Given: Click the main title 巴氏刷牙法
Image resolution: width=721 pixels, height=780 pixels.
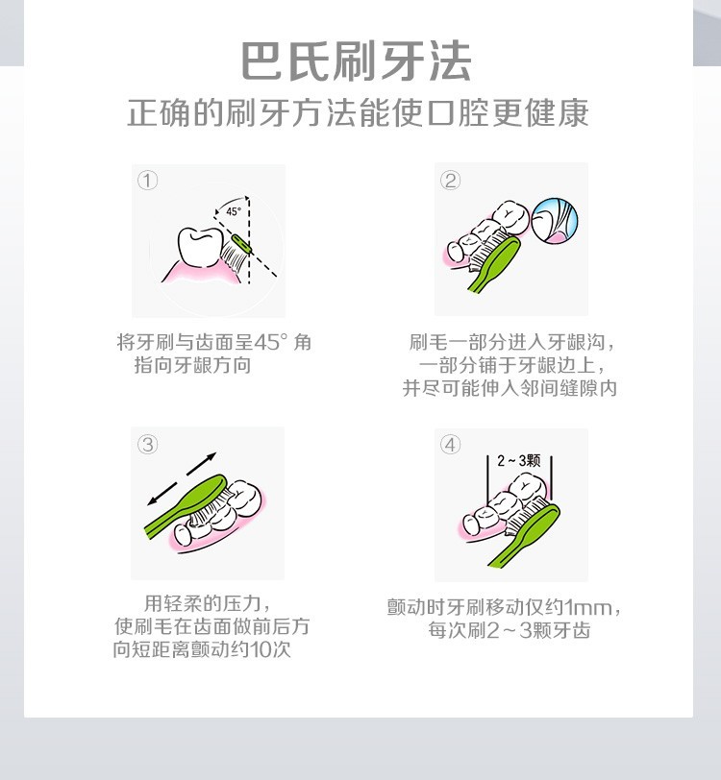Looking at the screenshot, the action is pos(357,61).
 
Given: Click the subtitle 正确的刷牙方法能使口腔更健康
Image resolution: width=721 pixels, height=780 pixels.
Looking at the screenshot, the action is pos(358,113).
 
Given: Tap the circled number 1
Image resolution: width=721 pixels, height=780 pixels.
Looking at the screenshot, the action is pos(147,180).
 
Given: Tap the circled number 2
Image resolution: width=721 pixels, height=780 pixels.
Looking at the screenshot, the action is pos(450,180).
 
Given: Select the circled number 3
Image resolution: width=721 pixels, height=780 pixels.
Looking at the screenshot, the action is pos(147,444).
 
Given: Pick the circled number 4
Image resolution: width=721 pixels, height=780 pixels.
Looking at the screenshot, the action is pos(450,444).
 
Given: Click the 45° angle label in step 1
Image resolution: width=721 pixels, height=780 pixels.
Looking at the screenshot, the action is pos(234,211).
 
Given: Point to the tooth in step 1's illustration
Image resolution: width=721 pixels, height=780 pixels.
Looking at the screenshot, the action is pos(200,247).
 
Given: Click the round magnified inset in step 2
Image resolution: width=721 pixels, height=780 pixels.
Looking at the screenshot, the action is pos(554,221).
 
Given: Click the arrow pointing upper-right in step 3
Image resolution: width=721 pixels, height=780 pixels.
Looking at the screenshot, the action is pos(202,463).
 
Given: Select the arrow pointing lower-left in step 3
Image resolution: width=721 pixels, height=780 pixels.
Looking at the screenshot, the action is pos(162,494).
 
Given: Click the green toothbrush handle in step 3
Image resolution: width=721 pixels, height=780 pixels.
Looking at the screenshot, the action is pos(186,506).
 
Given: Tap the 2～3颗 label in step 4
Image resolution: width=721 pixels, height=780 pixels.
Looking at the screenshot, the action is pos(518,460).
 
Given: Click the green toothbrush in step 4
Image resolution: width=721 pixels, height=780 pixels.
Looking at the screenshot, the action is pos(524,535).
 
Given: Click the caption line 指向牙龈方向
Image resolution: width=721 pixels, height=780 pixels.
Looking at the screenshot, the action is pos(192,365).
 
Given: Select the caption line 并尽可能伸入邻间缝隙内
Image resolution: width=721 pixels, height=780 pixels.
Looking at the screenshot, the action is pos(510,388).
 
